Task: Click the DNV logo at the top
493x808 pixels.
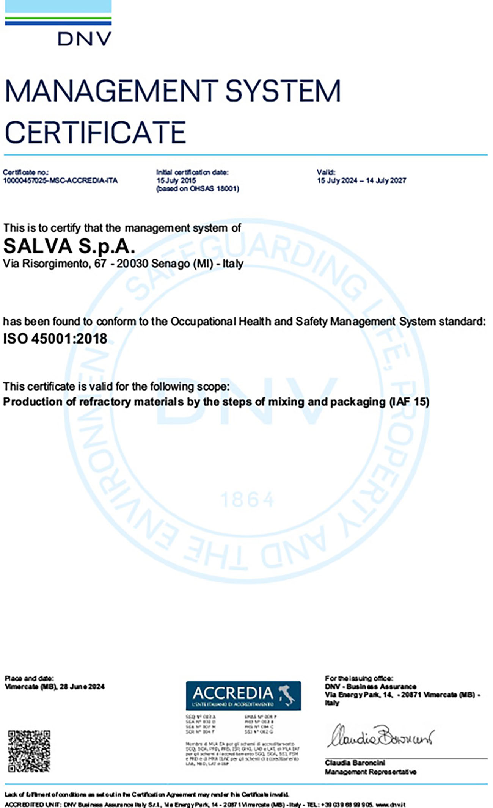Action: [84, 39]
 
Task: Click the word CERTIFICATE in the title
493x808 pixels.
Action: [95, 132]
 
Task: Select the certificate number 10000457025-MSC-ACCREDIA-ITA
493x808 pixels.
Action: [60, 180]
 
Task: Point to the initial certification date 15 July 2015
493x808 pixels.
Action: [176, 180]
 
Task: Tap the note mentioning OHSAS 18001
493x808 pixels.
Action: [198, 188]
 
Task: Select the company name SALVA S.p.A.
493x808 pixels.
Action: [69, 246]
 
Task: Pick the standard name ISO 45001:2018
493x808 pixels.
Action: [55, 339]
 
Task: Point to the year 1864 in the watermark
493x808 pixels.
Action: [247, 500]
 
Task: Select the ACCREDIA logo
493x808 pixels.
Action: [243, 695]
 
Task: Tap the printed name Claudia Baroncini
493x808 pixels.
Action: [355, 763]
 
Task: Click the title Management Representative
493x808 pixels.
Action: [371, 772]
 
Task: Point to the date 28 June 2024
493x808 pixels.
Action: [82, 686]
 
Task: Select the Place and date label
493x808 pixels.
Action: [29, 678]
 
